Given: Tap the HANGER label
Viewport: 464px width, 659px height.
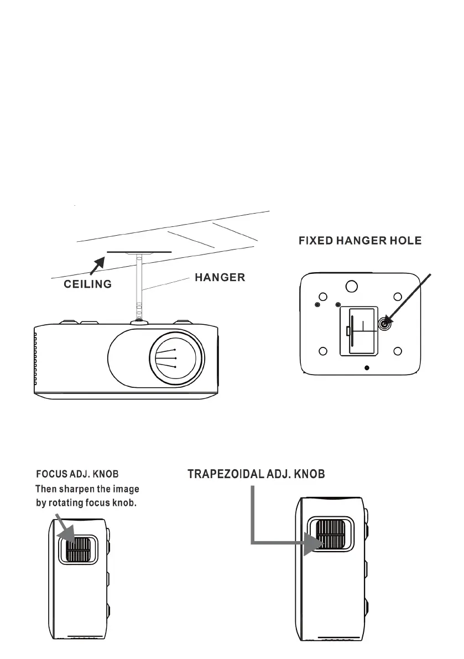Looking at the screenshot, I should pyautogui.click(x=220, y=278).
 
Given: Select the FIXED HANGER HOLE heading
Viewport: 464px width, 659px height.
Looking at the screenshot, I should pyautogui.click(x=360, y=241).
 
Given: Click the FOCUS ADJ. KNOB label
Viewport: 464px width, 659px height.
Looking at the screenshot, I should pyautogui.click(x=77, y=474).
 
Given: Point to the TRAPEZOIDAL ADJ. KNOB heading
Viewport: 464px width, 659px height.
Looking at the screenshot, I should pyautogui.click(x=256, y=474).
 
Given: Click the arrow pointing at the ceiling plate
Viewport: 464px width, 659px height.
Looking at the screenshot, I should pyautogui.click(x=97, y=264).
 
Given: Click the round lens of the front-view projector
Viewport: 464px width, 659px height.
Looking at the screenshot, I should pyautogui.click(x=176, y=358).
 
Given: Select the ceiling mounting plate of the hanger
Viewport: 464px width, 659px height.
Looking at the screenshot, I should pyautogui.click(x=139, y=252).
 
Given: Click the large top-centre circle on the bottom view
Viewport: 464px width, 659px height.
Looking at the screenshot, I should pyautogui.click(x=351, y=286).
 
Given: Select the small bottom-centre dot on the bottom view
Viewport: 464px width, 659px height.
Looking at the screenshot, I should pyautogui.click(x=367, y=367).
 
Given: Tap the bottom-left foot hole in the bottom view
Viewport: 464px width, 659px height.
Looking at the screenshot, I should pyautogui.click(x=325, y=351).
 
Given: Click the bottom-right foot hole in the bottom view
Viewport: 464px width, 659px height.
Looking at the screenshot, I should pyautogui.click(x=397, y=351).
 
